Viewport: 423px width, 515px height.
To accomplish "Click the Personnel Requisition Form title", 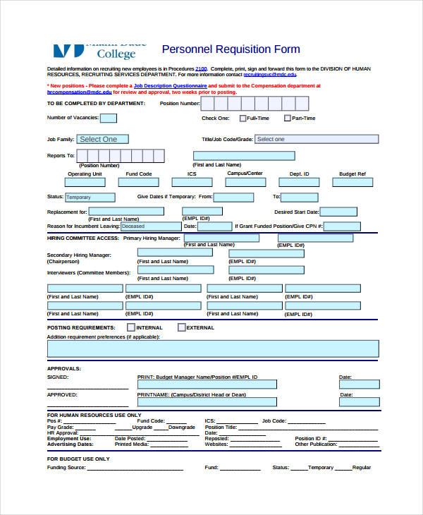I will [x=231, y=49].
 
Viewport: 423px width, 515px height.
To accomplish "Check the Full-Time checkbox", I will [x=243, y=119].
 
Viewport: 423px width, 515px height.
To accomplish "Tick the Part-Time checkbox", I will [x=288, y=119].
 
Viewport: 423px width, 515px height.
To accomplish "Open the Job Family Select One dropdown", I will [x=103, y=140].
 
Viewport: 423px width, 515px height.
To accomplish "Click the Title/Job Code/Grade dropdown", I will [x=292, y=140].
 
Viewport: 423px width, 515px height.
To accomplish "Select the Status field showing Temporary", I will [x=90, y=198].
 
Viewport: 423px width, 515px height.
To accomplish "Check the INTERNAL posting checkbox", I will [x=131, y=327].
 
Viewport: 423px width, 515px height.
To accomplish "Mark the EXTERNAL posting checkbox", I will [x=182, y=327].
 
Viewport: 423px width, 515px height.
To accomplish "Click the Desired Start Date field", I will [x=340, y=212].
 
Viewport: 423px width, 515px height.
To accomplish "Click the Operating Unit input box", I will [x=85, y=183].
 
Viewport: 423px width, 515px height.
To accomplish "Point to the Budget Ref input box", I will [x=352, y=183].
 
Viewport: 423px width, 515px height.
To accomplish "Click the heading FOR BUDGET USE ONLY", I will [x=78, y=459].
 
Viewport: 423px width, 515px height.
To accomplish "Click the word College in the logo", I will [x=116, y=54].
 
